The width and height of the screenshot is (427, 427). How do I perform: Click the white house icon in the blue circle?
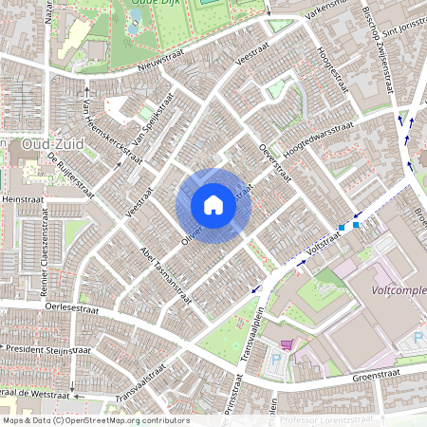click(x=213, y=204)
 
